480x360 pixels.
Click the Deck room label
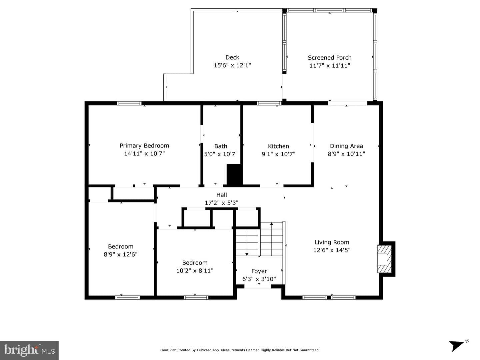232,58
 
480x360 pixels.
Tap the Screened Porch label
330,58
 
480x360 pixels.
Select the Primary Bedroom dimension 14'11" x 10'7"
144,153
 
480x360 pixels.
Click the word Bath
221,146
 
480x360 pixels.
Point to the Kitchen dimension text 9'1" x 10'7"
278,154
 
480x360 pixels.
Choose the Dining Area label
346,146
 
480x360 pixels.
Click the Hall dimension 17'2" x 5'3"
221,203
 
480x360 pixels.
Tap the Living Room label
332,242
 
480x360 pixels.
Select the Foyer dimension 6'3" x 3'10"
259,279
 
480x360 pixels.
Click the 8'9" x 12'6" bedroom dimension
120,254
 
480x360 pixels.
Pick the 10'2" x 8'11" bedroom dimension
195,271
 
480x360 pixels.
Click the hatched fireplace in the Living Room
384,259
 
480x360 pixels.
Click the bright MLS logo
29,350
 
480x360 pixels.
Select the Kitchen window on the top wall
269,103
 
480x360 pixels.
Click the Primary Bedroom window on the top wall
129,103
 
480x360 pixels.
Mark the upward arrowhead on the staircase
272,224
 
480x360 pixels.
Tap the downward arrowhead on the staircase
247,254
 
